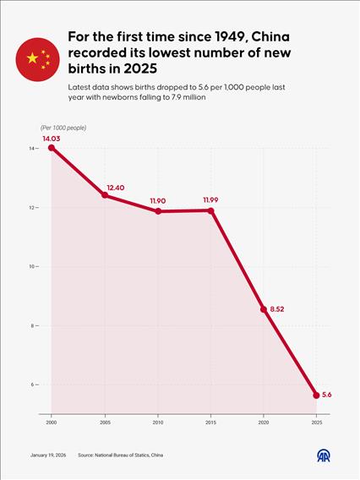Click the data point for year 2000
tap(52, 148)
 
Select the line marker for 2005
tap(105, 195)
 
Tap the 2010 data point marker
tap(158, 210)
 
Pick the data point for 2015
tap(211, 210)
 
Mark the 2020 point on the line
tap(264, 309)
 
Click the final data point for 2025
tap(317, 395)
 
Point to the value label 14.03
tap(52, 137)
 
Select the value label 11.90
tap(159, 200)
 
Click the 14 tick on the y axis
tap(31, 149)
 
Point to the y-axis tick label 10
tap(31, 267)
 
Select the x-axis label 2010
tap(158, 421)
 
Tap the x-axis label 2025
tap(317, 421)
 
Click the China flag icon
tap(37, 58)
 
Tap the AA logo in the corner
tap(325, 455)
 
